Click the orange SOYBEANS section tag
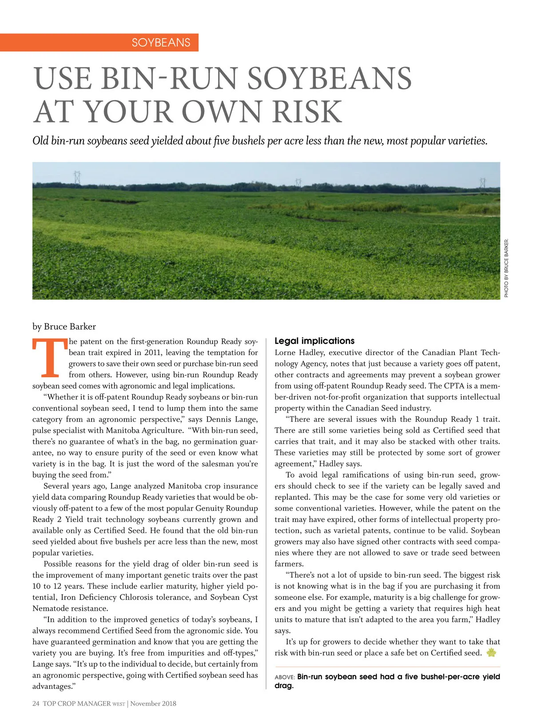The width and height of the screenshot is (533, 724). [x=161, y=43]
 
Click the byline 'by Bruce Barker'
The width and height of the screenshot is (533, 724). [x=64, y=327]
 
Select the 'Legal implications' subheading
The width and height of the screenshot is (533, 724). [x=314, y=341]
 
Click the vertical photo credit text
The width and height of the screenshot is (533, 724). [x=506, y=268]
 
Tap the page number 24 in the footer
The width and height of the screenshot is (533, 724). [x=36, y=704]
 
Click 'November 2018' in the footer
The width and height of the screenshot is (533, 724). [x=153, y=704]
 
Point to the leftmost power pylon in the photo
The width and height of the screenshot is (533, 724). [x=77, y=177]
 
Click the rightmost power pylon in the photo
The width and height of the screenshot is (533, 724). [x=482, y=182]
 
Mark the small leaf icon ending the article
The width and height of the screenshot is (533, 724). [x=491, y=653]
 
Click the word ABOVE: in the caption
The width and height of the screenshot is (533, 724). [x=285, y=677]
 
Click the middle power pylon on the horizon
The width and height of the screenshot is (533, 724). [x=298, y=182]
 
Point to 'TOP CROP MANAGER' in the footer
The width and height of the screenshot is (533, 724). [x=77, y=704]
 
